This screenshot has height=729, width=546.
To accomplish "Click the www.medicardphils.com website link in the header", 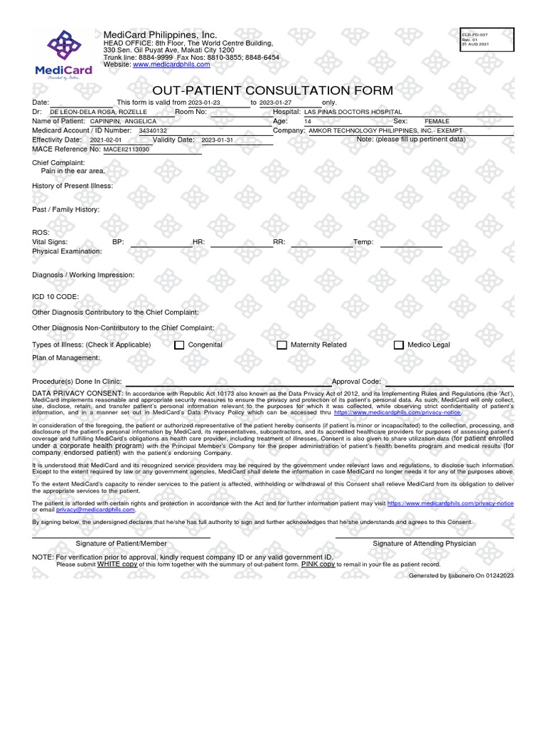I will point(171,64).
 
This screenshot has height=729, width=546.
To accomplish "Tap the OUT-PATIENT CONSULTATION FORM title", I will point(272,90).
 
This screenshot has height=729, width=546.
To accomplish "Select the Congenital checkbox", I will point(180,345).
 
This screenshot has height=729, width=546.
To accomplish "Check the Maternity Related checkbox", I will point(282,345).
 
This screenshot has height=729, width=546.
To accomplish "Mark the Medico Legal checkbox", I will point(399,345).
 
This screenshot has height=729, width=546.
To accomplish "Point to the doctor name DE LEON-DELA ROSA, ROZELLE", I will point(98,112).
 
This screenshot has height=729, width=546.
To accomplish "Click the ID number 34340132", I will point(153,131).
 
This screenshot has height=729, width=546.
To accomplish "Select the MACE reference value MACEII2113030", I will point(127,150).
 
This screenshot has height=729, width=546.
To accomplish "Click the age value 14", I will point(307,122).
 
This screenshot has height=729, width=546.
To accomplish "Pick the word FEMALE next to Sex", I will point(437,122).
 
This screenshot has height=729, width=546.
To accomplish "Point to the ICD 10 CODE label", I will point(55,296).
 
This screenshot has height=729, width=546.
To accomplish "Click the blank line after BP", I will point(161,243).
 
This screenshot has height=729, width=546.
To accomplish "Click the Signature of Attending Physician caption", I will point(424,543).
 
